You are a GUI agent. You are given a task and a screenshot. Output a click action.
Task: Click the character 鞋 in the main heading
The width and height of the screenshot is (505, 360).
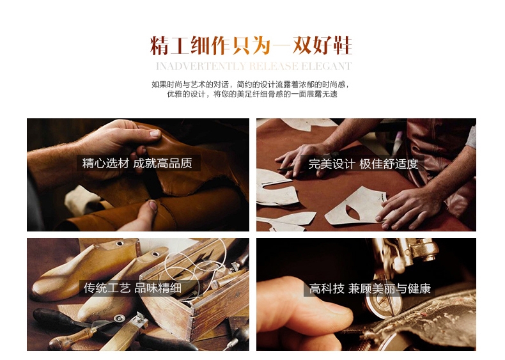click(342, 45)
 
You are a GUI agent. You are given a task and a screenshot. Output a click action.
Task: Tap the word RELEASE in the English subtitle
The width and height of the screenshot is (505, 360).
click(274, 66)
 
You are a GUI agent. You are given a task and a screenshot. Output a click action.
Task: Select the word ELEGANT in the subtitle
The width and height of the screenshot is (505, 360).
click(326, 66)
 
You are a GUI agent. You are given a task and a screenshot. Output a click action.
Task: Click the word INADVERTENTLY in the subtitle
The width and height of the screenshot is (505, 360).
click(201, 66)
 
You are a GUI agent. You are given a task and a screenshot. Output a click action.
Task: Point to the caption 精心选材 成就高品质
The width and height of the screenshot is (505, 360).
click(137, 163)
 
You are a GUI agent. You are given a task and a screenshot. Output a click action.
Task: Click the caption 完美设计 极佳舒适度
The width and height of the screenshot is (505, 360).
click(363, 164)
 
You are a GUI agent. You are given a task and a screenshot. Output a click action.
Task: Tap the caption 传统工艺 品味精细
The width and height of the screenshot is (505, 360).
click(132, 288)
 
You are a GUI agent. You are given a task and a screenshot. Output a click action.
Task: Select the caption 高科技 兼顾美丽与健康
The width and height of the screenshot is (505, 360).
click(369, 288)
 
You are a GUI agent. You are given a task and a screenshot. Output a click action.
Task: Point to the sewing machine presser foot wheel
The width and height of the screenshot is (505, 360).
click(383, 304)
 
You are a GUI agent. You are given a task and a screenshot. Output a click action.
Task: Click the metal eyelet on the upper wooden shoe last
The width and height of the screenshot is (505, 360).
click(120, 244)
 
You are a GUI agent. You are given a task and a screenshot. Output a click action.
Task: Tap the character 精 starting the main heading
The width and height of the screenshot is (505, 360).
click(160, 45)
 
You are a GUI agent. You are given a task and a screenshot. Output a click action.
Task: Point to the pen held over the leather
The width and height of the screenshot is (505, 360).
click(291, 168)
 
